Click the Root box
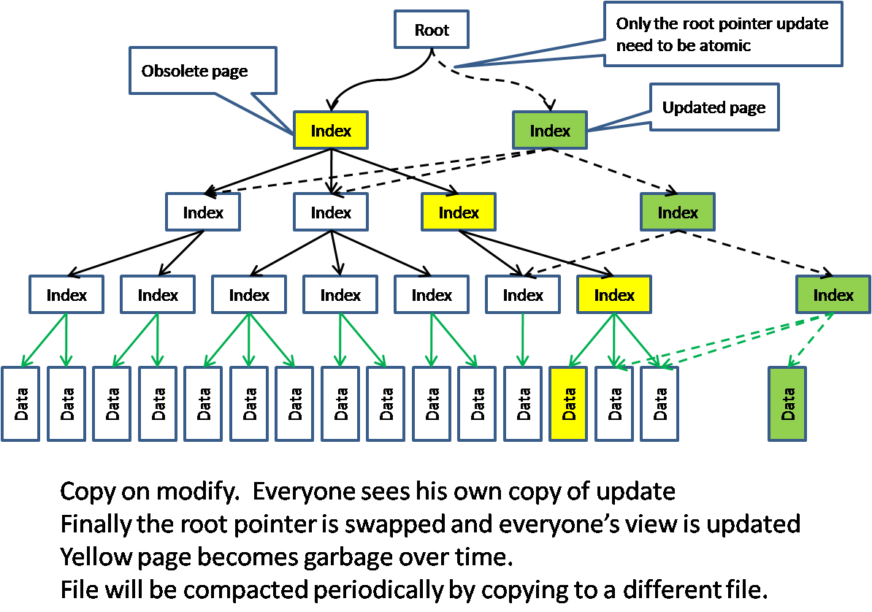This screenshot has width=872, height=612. tap(431, 30)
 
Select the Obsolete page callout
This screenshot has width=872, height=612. tap(202, 71)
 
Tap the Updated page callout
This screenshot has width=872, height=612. tap(714, 107)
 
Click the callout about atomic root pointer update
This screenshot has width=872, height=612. tap(722, 34)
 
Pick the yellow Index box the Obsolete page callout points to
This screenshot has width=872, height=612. tap(330, 131)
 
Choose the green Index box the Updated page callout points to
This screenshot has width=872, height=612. tap(549, 131)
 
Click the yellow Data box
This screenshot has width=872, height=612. tap(567, 404)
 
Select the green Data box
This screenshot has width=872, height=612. tap(787, 404)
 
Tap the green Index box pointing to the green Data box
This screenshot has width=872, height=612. tap(833, 295)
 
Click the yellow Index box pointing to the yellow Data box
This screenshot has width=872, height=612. tap(613, 295)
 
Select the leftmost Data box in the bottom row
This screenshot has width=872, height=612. tap(20, 404)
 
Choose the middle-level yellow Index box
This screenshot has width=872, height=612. tap(458, 213)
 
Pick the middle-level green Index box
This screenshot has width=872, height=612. tap(677, 213)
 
